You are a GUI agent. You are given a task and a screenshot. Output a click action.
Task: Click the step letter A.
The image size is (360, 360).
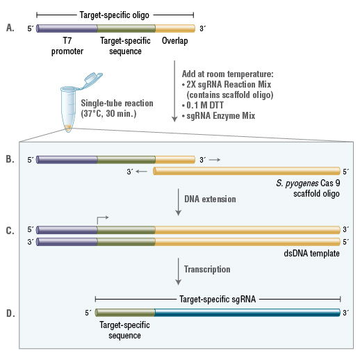(9, 28)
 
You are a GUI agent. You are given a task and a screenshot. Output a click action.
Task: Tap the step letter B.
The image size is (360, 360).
(9, 160)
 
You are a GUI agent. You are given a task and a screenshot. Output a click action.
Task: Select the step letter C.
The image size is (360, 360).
(9, 229)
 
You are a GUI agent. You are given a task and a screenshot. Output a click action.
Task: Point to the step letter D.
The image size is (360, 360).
(9, 313)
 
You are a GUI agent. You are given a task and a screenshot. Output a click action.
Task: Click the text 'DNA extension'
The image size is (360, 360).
(210, 199)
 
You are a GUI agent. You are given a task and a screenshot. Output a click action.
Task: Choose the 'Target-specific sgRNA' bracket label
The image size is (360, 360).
(218, 299)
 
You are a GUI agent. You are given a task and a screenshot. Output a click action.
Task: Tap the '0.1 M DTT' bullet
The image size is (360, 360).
(206, 104)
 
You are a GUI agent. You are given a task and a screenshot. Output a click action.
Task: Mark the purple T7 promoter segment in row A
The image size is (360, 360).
(67, 28)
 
